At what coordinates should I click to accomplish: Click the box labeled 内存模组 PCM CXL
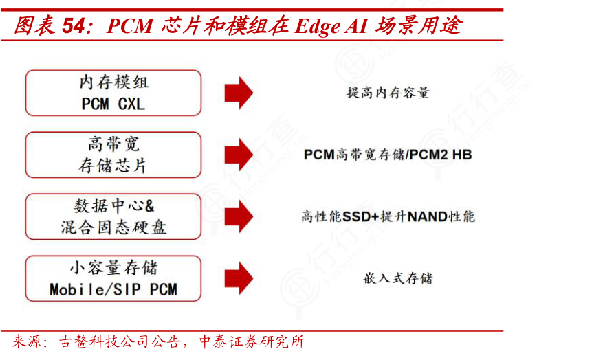pyautogui.click(x=113, y=93)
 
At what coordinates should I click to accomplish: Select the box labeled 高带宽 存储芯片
pyautogui.click(x=113, y=155)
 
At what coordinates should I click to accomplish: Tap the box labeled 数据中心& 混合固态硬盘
pyautogui.click(x=113, y=216)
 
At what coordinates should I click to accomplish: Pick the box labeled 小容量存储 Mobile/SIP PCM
pyautogui.click(x=113, y=278)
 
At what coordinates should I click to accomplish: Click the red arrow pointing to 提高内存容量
pyautogui.click(x=239, y=93)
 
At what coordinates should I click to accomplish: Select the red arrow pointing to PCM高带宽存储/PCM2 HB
pyautogui.click(x=239, y=155)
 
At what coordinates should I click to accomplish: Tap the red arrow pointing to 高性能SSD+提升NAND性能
pyautogui.click(x=239, y=216)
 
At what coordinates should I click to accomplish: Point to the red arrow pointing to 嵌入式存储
pyautogui.click(x=239, y=278)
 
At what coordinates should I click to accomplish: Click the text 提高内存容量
pyautogui.click(x=388, y=93)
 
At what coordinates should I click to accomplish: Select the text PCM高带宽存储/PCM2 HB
pyautogui.click(x=388, y=155)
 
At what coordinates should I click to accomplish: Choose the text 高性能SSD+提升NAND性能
pyautogui.click(x=388, y=216)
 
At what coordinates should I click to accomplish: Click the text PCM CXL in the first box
pyautogui.click(x=113, y=104)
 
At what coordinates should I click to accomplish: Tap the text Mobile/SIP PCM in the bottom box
pyautogui.click(x=113, y=289)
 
